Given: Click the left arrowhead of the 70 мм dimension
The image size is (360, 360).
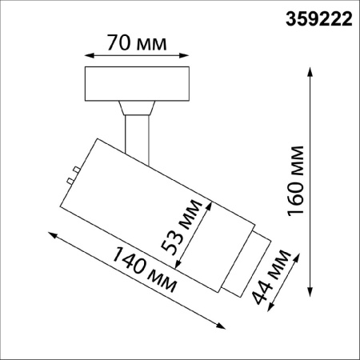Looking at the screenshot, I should tap(87, 56).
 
